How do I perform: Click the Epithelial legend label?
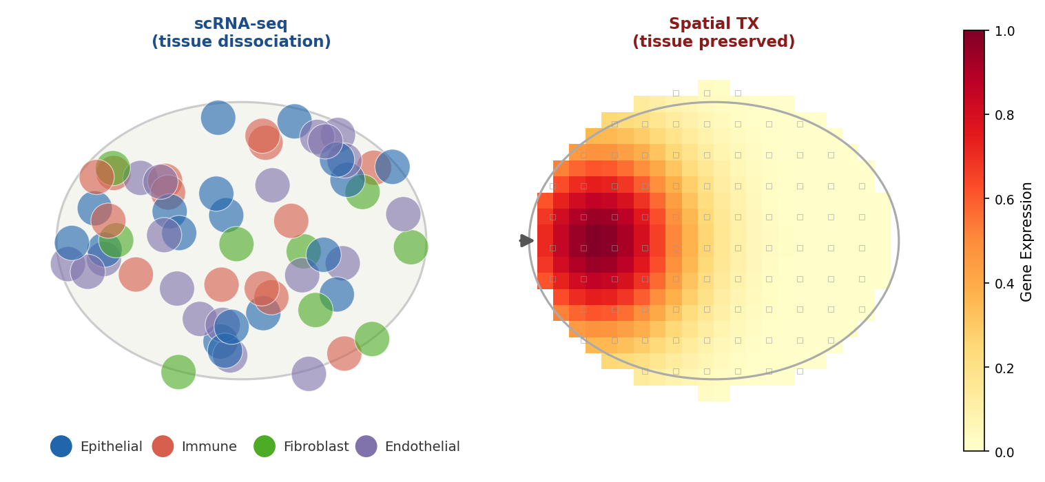pos(111,446)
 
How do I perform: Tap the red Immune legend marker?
pos(163,446)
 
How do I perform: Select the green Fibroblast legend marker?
pos(265,446)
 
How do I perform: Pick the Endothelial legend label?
pos(422,446)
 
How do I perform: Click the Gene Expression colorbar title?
pos(1026,241)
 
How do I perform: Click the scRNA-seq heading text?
pos(241,24)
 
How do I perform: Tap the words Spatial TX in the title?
pos(714,24)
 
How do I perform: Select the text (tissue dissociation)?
pos(241,42)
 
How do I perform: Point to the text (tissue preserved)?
pos(714,42)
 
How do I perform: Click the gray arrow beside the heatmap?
pos(526,240)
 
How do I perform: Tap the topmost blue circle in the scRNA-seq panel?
pos(218,118)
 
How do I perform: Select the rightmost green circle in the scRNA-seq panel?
pos(411,247)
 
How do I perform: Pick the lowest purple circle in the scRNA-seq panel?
pos(309,374)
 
